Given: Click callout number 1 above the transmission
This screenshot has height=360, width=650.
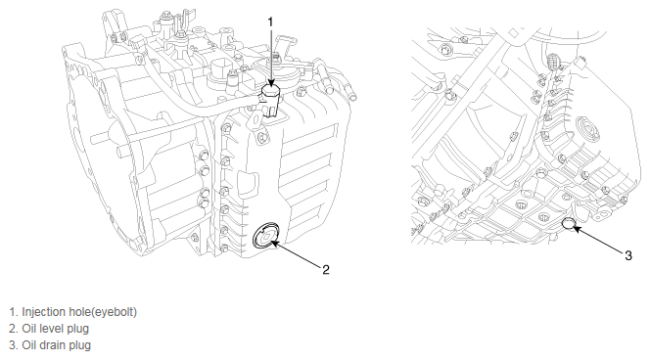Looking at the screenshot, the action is click(271, 22).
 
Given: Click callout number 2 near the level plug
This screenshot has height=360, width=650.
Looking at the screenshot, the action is click(326, 270).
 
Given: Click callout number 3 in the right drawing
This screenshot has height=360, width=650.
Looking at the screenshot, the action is click(628, 255).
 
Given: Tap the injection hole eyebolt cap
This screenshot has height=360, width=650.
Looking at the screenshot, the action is click(271, 92).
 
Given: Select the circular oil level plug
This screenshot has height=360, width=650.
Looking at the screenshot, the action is click(265, 236).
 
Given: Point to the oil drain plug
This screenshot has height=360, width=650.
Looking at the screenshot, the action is click(569, 224).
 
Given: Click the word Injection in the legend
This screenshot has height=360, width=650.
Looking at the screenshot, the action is click(43, 312).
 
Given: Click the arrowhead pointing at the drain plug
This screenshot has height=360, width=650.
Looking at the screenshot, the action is click(577, 229).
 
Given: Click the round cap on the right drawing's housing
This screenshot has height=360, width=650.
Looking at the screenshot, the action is click(587, 128).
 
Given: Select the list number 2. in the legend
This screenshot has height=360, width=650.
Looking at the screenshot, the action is click(14, 329).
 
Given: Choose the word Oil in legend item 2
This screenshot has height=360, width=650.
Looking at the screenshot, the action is click(30, 329).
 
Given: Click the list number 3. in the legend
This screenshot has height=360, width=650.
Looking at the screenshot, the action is click(14, 345).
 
